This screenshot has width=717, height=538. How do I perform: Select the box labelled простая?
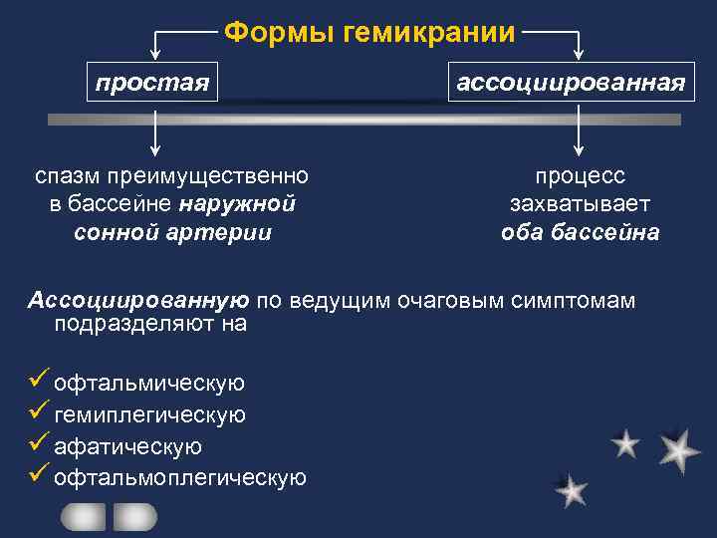(x=152, y=81)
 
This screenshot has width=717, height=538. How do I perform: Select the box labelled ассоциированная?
(x=571, y=82)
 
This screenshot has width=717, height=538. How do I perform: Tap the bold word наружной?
(x=238, y=204)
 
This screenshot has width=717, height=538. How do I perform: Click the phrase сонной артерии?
(x=172, y=232)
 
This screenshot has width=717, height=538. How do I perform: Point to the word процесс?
(x=581, y=176)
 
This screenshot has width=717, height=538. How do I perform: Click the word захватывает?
(x=580, y=204)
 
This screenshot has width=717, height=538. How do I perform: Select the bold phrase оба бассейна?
(x=580, y=232)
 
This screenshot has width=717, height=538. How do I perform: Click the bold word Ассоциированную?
(x=138, y=301)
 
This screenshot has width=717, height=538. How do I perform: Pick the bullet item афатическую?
(x=128, y=446)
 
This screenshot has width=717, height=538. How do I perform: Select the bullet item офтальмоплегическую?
(x=180, y=478)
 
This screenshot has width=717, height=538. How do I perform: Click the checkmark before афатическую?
(x=40, y=445)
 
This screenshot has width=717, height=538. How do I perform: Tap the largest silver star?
(x=678, y=449)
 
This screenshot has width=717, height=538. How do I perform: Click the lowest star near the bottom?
(x=571, y=490)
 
